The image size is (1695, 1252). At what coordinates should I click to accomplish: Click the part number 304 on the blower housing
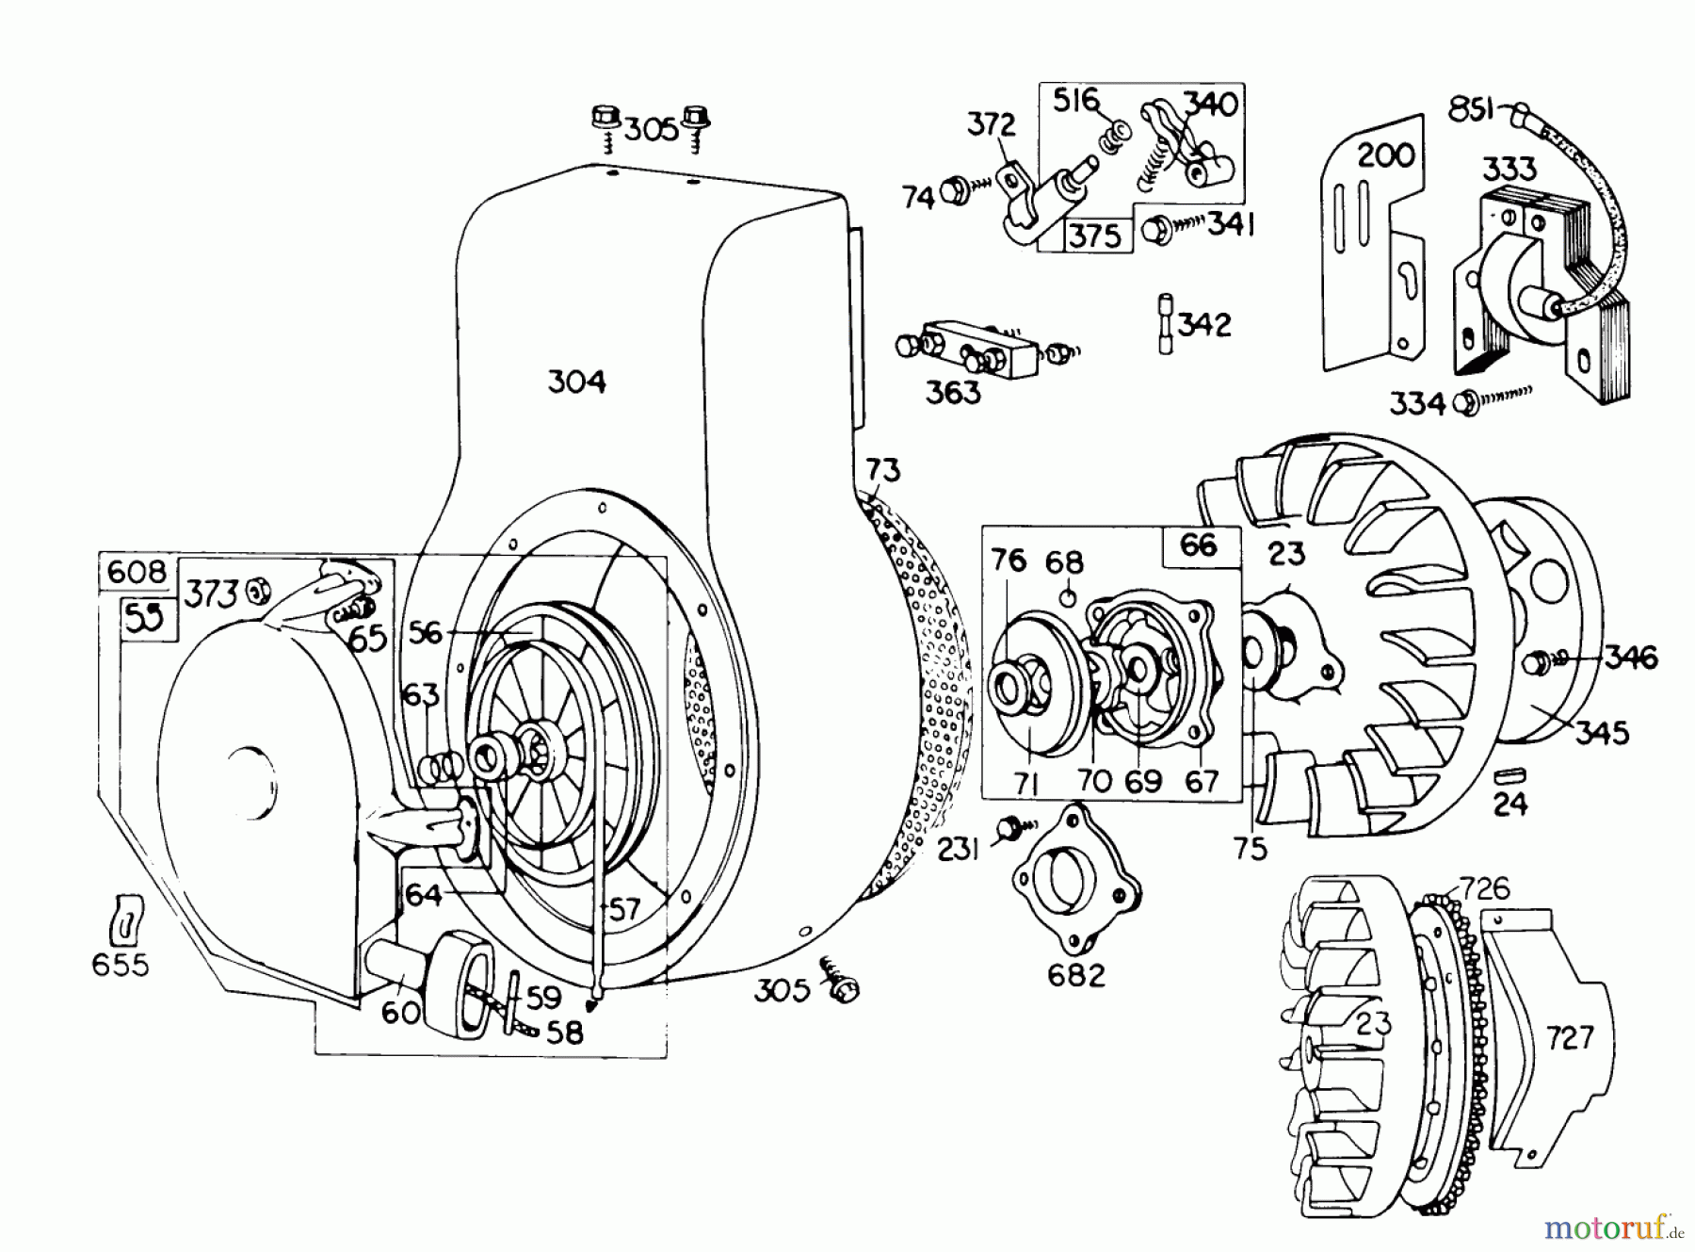pos(576,382)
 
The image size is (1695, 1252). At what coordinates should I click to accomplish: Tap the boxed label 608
pos(137,572)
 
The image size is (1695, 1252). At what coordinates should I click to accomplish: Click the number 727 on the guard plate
pos(1569,1037)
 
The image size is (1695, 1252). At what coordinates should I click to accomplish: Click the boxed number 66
pos(1198,545)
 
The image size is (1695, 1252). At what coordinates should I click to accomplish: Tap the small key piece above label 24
pos(1510,775)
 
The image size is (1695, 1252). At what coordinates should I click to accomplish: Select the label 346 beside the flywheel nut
pos(1631,657)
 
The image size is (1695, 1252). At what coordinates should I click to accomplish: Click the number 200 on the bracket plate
pos(1385,154)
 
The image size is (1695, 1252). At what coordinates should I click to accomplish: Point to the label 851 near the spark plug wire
pos(1472,110)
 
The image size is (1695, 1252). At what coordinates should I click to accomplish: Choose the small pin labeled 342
pos(1167,324)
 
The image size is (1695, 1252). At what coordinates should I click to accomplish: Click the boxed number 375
pos(1095,236)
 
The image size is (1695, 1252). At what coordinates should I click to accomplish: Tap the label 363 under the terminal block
pos(953,392)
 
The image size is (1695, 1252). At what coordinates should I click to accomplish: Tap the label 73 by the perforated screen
pos(882,469)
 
